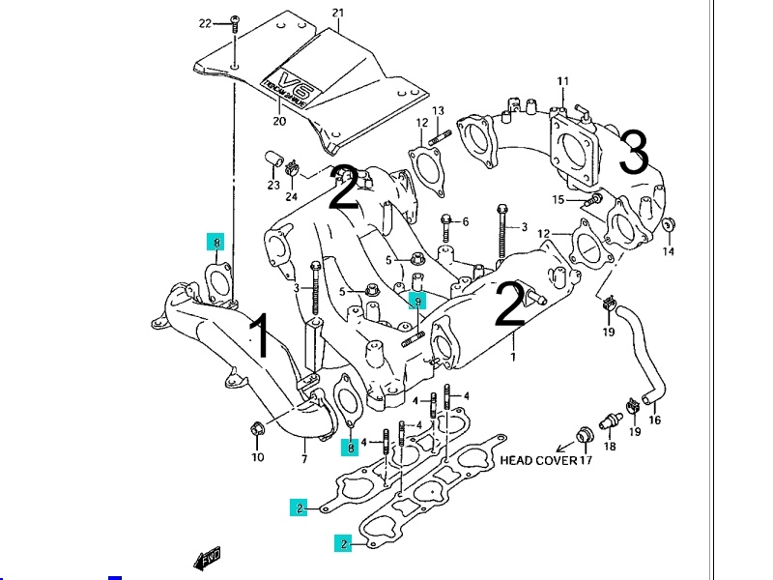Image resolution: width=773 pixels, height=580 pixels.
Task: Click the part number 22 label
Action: (x=205, y=22)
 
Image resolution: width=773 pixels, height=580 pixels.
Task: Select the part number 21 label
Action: (x=337, y=13)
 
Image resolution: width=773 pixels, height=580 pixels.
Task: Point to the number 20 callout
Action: (x=279, y=122)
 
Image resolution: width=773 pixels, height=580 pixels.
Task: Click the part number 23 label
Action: (x=273, y=185)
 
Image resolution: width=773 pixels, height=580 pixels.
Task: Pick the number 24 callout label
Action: (x=291, y=196)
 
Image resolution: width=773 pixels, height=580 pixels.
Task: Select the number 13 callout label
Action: (x=438, y=110)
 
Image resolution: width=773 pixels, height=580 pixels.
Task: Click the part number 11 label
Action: (x=563, y=80)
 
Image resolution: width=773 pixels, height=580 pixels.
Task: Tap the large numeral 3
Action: (x=633, y=153)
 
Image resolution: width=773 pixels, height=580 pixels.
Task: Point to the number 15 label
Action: (x=558, y=199)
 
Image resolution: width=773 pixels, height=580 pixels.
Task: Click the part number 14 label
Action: (x=668, y=252)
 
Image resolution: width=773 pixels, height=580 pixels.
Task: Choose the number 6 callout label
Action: (x=465, y=221)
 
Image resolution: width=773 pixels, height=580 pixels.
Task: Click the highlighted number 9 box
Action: (x=417, y=301)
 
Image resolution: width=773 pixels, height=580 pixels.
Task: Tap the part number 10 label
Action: (x=257, y=456)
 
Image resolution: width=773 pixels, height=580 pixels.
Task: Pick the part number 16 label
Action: (x=654, y=420)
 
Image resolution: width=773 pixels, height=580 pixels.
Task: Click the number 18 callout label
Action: (x=610, y=448)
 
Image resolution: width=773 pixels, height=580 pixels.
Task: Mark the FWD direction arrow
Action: (x=207, y=558)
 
